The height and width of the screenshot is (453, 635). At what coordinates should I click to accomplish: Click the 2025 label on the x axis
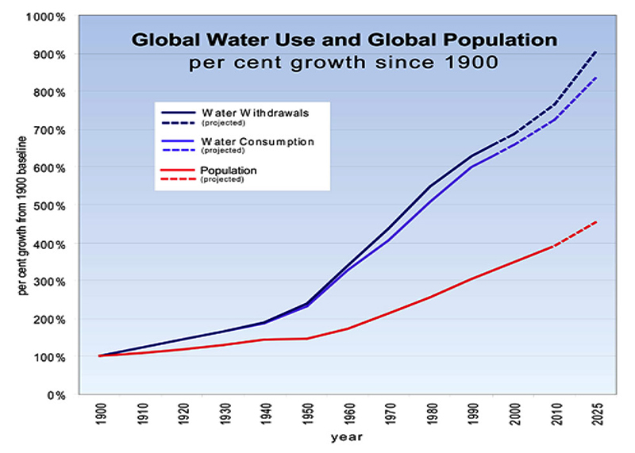point(597,415)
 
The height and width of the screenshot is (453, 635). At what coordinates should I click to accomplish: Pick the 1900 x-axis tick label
point(101,415)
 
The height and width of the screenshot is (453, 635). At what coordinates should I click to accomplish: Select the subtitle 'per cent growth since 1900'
point(343,62)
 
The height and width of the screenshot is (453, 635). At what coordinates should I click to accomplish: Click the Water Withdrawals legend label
point(243,112)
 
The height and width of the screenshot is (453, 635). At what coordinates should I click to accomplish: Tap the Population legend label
point(228,170)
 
